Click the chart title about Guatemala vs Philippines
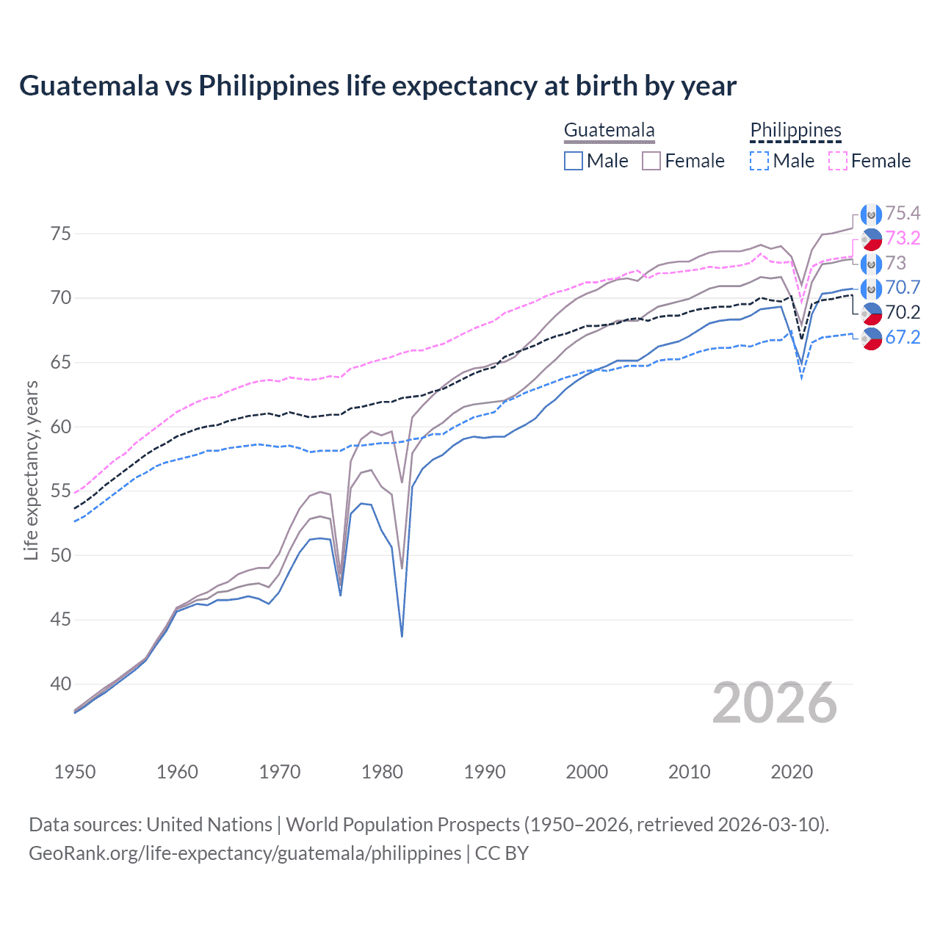[x=377, y=86]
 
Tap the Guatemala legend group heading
[x=609, y=131]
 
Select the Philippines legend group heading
[x=795, y=131]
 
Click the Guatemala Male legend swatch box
[x=574, y=161]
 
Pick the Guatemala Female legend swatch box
[x=651, y=161]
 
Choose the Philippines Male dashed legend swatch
[x=759, y=161]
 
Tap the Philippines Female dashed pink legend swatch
[x=838, y=161]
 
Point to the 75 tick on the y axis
[x=61, y=234]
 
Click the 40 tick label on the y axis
[x=61, y=684]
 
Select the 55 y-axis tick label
[x=61, y=491]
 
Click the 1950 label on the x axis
[x=75, y=772]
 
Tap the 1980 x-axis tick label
[x=382, y=772]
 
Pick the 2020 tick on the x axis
[x=792, y=772]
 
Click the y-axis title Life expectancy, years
[x=31, y=470]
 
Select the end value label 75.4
[x=903, y=214]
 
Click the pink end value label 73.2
[x=903, y=238]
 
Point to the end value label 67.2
[x=903, y=338]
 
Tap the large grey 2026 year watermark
[x=775, y=703]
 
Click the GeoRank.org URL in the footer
[x=245, y=853]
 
